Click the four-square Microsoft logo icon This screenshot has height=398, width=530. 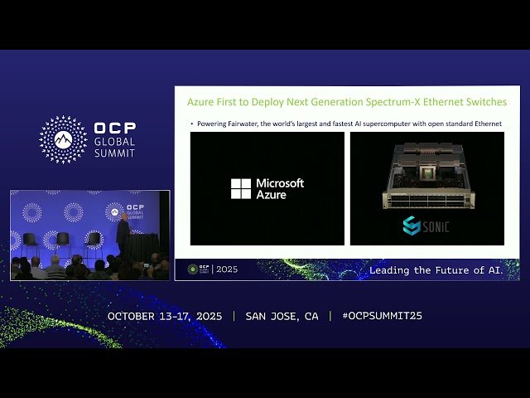pos(241,189)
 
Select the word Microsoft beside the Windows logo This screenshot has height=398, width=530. pos(280,183)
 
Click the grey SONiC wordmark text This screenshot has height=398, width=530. pos(436,226)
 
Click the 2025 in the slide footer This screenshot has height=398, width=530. pos(226,269)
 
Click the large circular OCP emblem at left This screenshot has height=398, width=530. pos(63,139)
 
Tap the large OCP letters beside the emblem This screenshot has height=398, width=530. pos(115,129)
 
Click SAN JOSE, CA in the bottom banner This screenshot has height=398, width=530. pos(282,316)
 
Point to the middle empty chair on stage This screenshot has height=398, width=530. pos(63,241)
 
